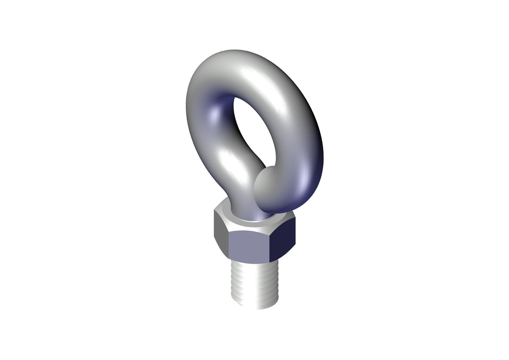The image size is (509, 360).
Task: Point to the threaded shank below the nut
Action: tap(254, 283)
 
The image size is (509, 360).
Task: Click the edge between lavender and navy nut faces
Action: tap(269, 247)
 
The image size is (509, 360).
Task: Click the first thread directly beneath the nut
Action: tap(254, 265)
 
